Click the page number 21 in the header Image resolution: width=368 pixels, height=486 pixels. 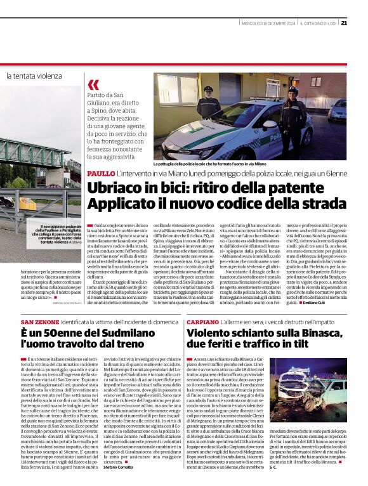coord(362,23)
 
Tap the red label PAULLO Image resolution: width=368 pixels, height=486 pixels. coord(101,173)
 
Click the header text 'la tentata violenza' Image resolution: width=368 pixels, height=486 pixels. coord(35,76)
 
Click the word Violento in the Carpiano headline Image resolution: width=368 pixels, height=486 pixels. coord(212,334)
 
